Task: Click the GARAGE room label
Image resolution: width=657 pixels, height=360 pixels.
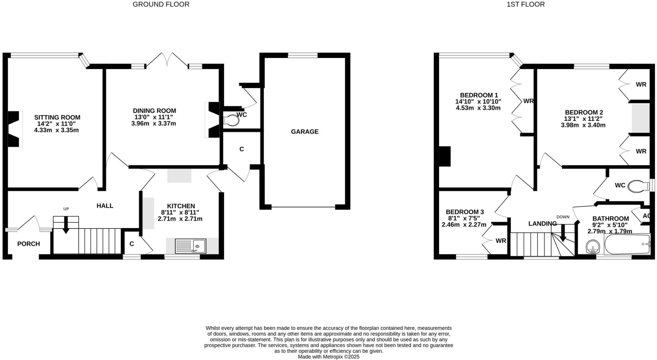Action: pos(304,131)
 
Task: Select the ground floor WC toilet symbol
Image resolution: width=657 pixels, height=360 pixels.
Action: pos(231,121)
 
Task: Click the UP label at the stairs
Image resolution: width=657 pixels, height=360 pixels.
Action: pos(66,209)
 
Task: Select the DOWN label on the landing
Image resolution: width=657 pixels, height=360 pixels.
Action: pos(563,217)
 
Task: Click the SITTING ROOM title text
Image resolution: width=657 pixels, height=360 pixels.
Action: pos(57,117)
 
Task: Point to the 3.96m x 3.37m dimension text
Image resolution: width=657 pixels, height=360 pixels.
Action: pos(154,123)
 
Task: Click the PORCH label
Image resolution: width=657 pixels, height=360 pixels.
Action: pos(29,244)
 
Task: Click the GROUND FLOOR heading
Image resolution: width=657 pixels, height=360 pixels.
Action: pos(161,4)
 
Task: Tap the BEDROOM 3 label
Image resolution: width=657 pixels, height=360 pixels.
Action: pos(465,212)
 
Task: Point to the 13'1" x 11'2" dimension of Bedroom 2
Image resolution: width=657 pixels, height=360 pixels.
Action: pos(583,119)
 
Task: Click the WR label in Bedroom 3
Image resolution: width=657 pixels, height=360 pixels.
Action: pos(500,241)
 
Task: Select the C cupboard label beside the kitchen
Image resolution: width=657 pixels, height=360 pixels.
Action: pos(132,244)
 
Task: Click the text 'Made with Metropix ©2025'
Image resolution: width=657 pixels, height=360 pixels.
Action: pos(328,356)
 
